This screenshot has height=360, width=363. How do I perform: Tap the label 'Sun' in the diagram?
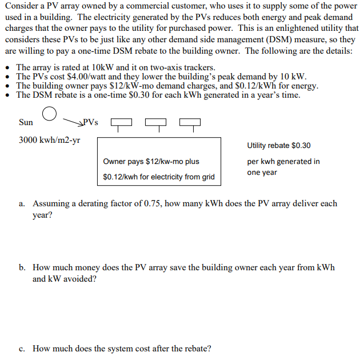(x=26, y=122)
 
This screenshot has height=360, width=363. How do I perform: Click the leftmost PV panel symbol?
(x=120, y=122)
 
